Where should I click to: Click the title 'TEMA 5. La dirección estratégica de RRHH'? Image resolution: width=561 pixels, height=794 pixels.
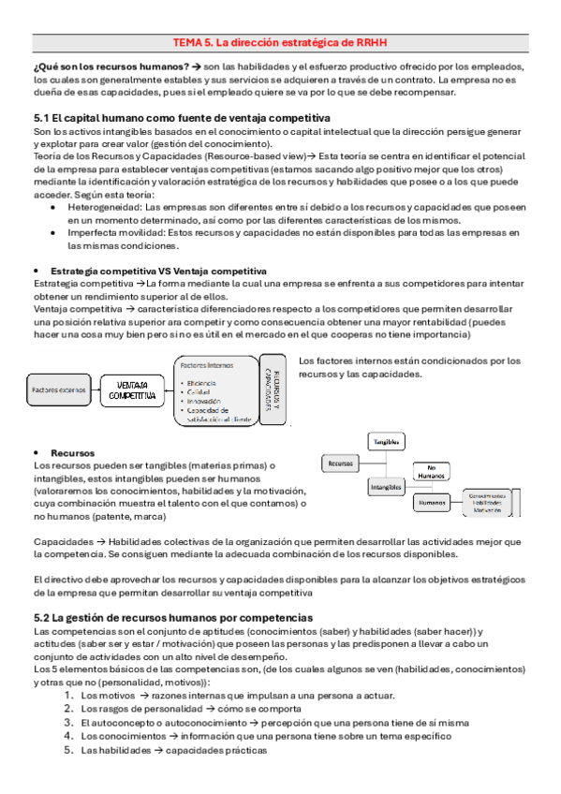pos(279,42)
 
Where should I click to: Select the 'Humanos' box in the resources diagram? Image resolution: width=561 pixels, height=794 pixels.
pos(432,502)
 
